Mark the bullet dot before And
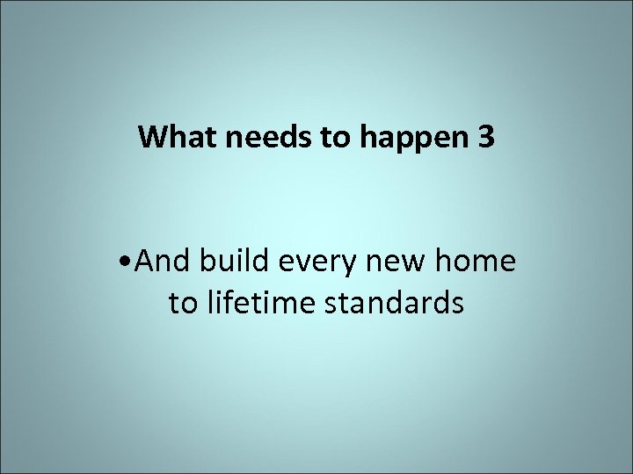(x=130, y=262)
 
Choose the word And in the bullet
(x=165, y=261)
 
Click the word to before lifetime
(x=183, y=303)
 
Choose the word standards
(x=395, y=303)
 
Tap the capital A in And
(x=146, y=261)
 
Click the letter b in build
(x=207, y=261)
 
